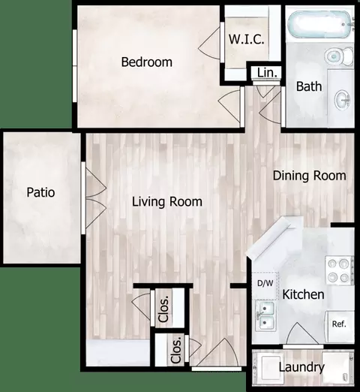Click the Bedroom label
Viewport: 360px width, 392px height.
pyautogui.click(x=147, y=62)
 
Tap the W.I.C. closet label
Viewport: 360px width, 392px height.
pyautogui.click(x=247, y=39)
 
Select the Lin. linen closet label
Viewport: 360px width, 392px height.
pyautogui.click(x=267, y=73)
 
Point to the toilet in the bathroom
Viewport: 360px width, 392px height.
pyautogui.click(x=339, y=56)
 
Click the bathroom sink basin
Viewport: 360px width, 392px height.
pyautogui.click(x=343, y=100)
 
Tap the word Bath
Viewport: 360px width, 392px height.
pyautogui.click(x=309, y=86)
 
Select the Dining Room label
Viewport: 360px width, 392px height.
pyautogui.click(x=310, y=176)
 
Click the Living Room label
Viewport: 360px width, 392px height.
pyautogui.click(x=167, y=202)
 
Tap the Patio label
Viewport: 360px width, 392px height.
pyautogui.click(x=40, y=192)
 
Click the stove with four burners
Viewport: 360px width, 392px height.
pyautogui.click(x=339, y=270)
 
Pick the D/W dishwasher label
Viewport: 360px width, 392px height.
pyautogui.click(x=265, y=283)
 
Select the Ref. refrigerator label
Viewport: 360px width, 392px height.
pyautogui.click(x=339, y=324)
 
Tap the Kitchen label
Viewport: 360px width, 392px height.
pyautogui.click(x=303, y=294)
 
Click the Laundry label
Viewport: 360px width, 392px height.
pyautogui.click(x=301, y=367)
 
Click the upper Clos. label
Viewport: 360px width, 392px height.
pyautogui.click(x=164, y=309)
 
